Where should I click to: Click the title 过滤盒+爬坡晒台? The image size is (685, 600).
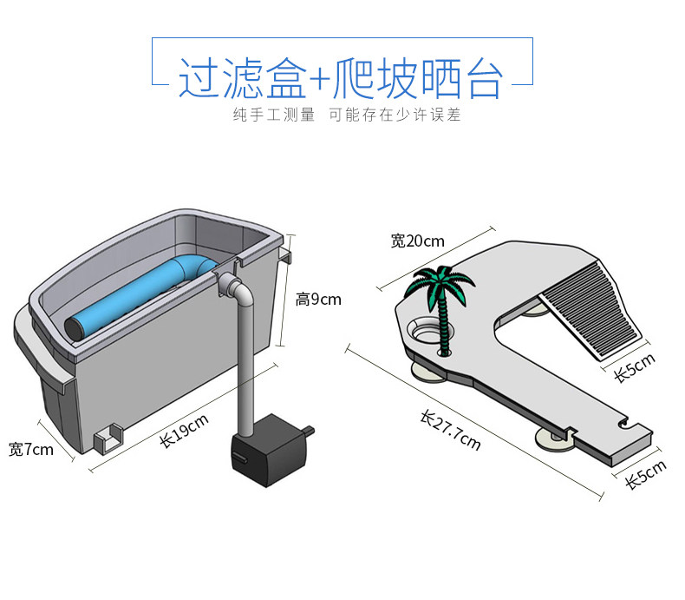coord(341,78)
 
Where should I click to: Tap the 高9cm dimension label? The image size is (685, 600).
coord(317,300)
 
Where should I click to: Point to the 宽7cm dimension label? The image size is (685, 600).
coord(30,450)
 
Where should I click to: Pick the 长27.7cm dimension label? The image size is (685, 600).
coord(450,431)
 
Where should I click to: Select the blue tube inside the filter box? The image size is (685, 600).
coord(130,298)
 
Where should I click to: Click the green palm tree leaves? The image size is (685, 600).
coord(442,282)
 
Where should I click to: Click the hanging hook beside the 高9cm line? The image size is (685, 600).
coord(287,254)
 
